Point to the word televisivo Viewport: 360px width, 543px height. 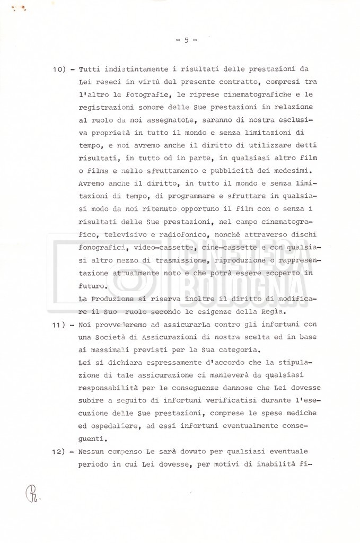tap(107, 235)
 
